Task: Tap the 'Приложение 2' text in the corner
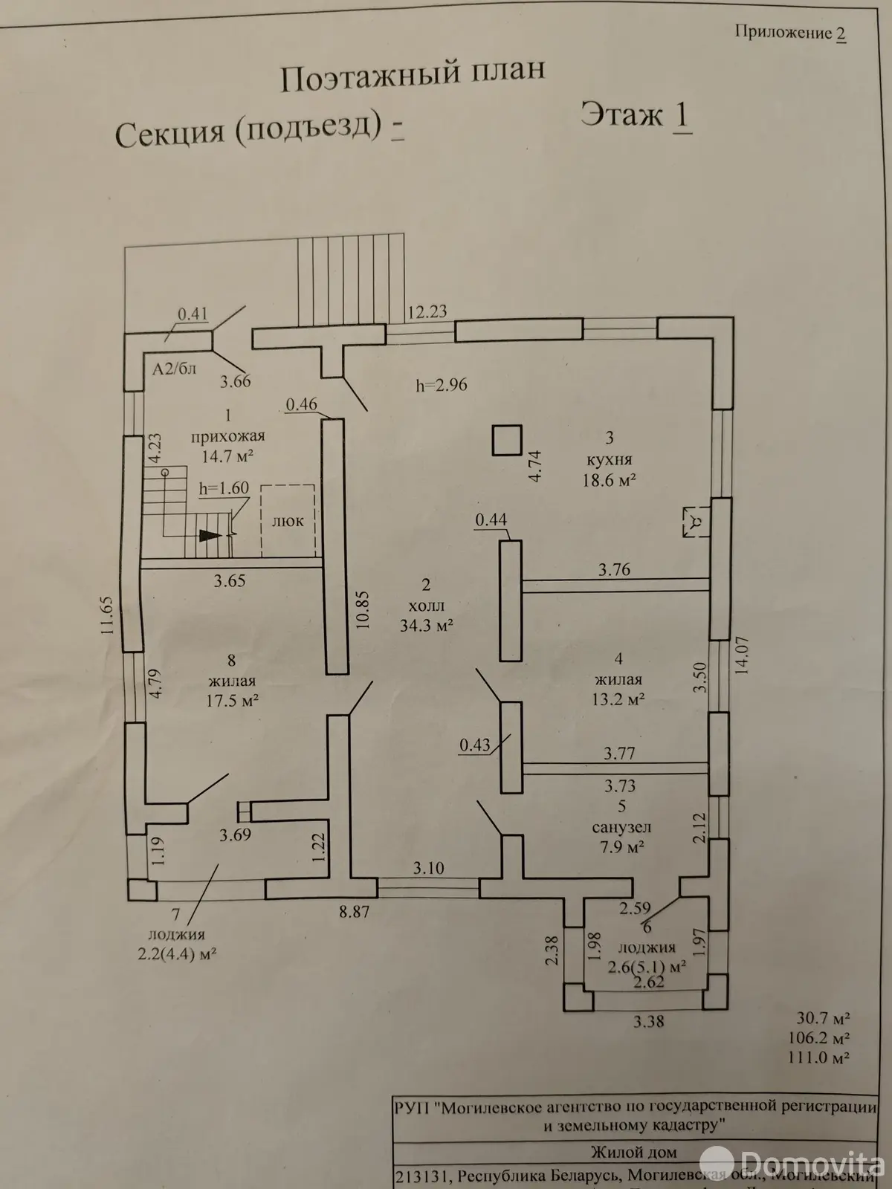(790, 33)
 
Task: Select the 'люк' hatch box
(288, 519)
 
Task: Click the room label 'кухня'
(608, 460)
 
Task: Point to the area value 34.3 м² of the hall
(426, 626)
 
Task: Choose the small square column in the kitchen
(508, 439)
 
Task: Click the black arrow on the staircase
(210, 534)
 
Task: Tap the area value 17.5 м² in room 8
(233, 700)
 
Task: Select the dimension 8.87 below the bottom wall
(354, 912)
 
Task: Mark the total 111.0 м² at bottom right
(820, 1057)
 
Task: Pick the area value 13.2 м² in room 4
(618, 699)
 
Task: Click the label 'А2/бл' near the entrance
(174, 369)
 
